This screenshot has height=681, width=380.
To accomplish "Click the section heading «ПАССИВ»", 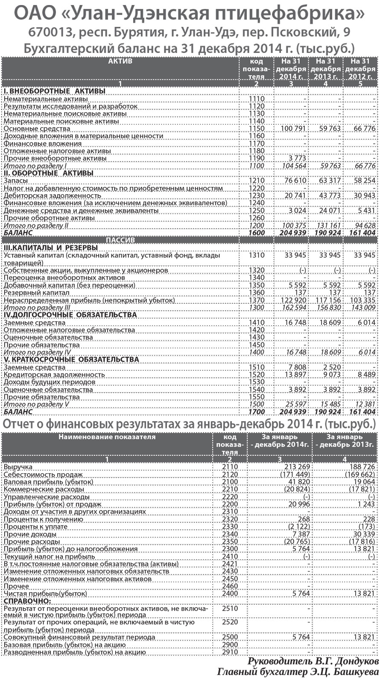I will [120, 240].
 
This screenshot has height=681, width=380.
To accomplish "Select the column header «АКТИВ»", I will [120, 61].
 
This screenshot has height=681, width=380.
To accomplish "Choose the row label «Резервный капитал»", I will [36, 293].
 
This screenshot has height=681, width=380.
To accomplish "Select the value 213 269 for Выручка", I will [295, 467].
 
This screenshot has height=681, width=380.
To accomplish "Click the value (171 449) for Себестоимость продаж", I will [294, 474].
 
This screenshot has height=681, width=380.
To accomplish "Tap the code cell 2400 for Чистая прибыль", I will [230, 594].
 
